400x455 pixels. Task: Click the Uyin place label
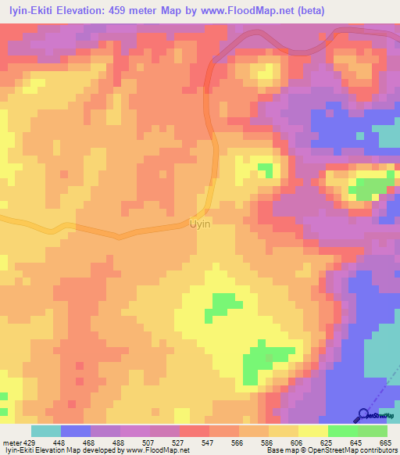coord(200,224)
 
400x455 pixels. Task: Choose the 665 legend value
coord(386,442)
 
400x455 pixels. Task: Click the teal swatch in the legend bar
coord(46,432)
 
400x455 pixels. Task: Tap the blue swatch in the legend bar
coord(76,432)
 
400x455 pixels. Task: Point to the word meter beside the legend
coord(11,442)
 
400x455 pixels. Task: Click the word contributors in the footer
coord(377,450)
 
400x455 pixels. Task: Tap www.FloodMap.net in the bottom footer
coord(146,450)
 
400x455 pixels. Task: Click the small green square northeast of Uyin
coord(266,169)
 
